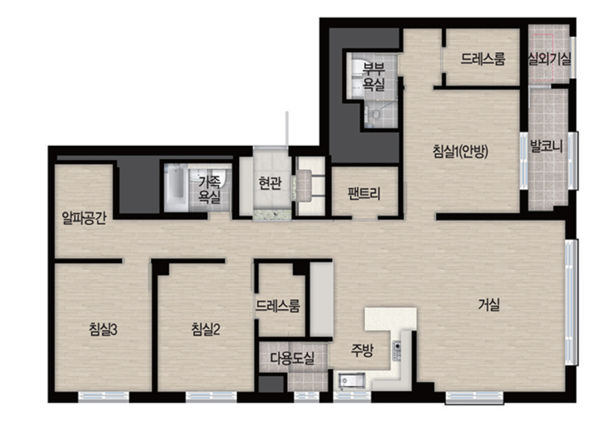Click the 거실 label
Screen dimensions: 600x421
click(x=489, y=305)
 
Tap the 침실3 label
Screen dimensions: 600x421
click(x=103, y=329)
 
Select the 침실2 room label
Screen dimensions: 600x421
click(x=206, y=329)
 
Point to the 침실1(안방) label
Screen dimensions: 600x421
click(x=460, y=151)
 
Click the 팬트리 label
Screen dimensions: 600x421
click(x=364, y=194)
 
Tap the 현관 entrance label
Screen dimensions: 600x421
click(x=270, y=183)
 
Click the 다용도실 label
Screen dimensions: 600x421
click(x=292, y=358)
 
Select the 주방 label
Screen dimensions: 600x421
click(x=362, y=350)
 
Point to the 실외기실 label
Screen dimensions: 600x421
click(x=549, y=59)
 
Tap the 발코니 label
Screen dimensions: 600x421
click(x=546, y=146)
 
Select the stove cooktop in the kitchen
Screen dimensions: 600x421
click(x=397, y=351)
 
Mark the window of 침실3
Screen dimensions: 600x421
click(x=104, y=397)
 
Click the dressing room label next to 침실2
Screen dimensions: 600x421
click(x=277, y=306)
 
